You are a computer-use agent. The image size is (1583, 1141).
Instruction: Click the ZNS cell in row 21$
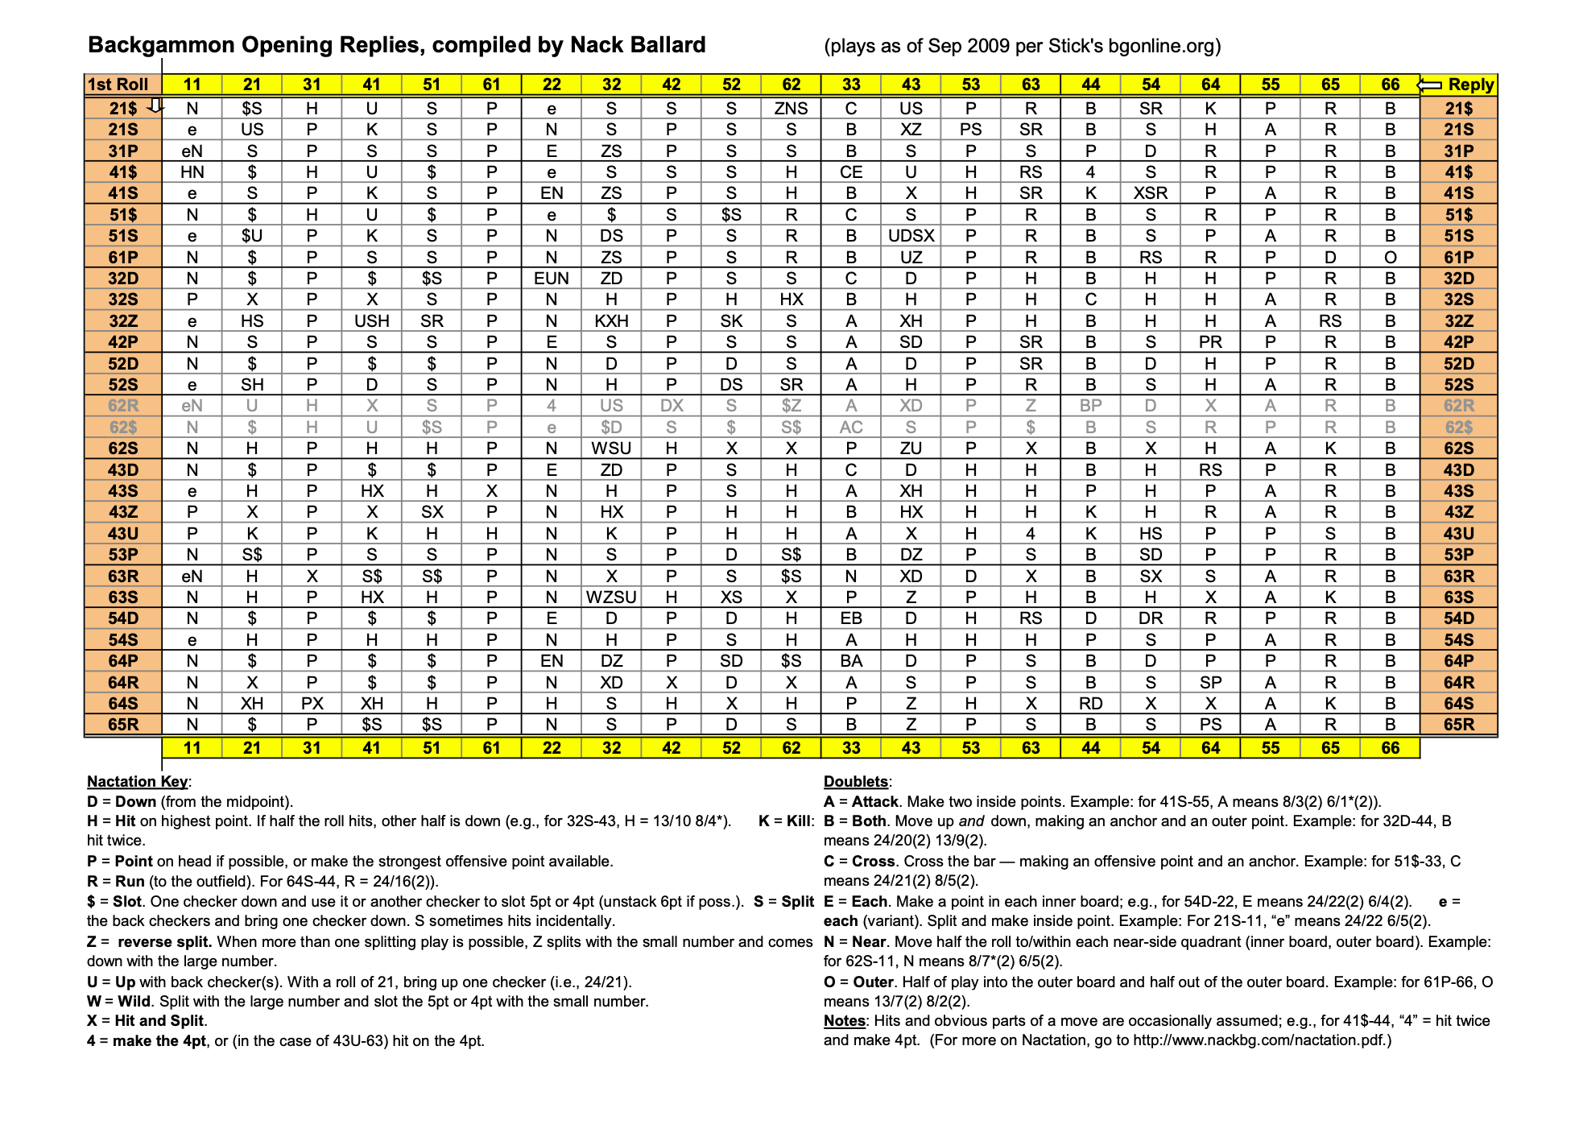click(x=791, y=109)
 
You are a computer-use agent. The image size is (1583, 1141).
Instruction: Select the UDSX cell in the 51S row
click(x=911, y=236)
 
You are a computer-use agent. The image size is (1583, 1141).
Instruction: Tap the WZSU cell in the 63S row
click(x=611, y=597)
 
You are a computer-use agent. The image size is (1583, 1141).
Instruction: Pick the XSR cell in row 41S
click(x=1151, y=193)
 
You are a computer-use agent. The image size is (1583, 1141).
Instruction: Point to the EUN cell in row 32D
click(x=552, y=279)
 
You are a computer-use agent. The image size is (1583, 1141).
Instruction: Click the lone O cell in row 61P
click(x=1391, y=258)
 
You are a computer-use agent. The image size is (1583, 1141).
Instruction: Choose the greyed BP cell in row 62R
click(x=1090, y=406)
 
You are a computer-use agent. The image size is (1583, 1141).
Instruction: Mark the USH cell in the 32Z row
click(x=372, y=321)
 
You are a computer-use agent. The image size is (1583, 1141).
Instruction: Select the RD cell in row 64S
click(x=1090, y=704)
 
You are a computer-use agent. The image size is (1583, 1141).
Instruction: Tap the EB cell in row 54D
click(x=851, y=618)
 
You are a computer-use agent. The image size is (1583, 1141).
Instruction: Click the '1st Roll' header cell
click(x=118, y=85)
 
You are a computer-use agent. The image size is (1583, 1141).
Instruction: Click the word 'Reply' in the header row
click(x=1470, y=85)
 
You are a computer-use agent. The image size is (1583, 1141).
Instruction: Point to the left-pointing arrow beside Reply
click(x=1429, y=85)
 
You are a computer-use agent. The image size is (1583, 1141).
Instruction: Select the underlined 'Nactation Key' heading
click(x=137, y=781)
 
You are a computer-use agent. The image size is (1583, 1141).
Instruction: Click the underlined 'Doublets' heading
click(x=856, y=781)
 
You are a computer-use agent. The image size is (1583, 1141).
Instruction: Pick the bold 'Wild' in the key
click(x=134, y=1002)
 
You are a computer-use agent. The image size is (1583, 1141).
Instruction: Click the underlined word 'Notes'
click(x=844, y=1021)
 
